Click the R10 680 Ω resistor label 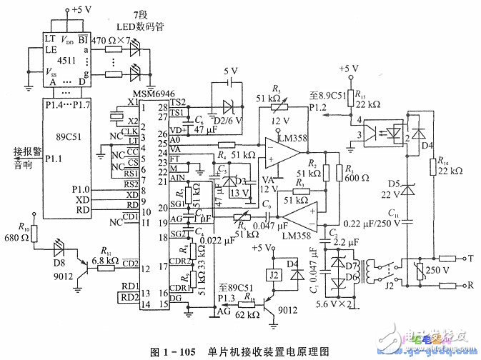tap(20, 234)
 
